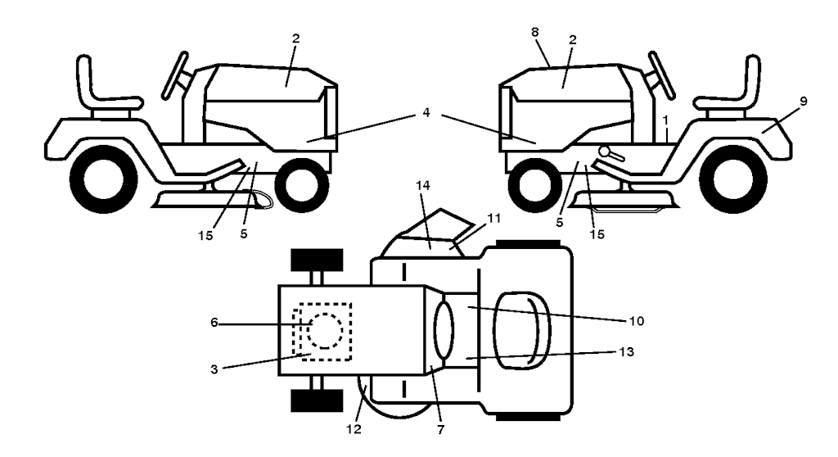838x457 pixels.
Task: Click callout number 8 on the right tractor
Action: (x=535, y=32)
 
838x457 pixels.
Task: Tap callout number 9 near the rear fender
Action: (x=804, y=101)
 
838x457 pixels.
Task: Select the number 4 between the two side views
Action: (x=426, y=113)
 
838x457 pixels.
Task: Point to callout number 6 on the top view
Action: (x=214, y=323)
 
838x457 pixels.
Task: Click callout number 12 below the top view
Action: (x=354, y=429)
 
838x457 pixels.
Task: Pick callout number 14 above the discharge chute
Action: (x=423, y=186)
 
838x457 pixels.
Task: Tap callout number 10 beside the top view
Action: (x=637, y=321)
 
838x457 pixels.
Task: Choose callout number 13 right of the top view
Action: (x=626, y=351)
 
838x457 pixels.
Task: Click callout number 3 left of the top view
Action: (x=214, y=369)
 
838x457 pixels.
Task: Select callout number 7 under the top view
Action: (x=440, y=430)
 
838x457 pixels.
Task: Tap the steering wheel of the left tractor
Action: (x=174, y=76)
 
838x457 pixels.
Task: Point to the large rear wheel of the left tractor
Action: (x=103, y=179)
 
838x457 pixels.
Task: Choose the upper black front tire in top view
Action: (x=317, y=260)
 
